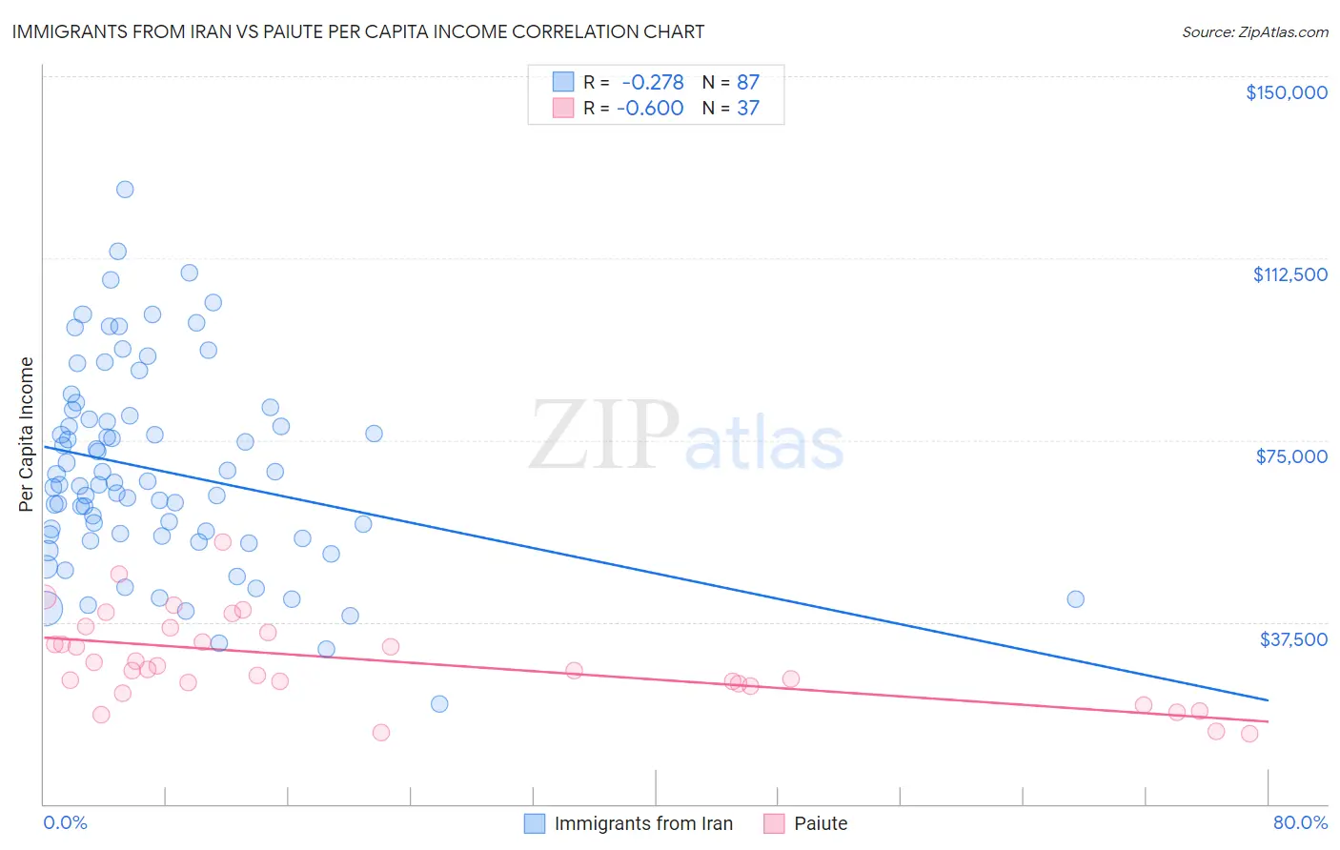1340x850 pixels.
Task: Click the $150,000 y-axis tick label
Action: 1286,92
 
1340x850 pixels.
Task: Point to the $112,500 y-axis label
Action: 1289,274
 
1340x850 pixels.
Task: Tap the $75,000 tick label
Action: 1291,456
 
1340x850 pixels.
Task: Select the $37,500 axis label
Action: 1293,639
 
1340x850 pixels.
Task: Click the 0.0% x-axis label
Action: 65,822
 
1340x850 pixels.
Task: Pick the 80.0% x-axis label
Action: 1300,822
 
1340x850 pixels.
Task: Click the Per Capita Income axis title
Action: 27,434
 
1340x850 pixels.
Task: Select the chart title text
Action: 358,31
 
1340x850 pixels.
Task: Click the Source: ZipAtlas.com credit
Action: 1254,32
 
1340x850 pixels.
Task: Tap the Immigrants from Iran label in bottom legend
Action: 643,823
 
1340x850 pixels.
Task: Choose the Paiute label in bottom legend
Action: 821,823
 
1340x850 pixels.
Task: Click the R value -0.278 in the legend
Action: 652,83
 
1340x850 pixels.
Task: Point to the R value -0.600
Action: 650,109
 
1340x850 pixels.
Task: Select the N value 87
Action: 748,83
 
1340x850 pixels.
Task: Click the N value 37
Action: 748,109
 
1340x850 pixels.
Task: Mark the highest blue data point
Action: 125,190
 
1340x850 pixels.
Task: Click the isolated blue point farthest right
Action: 1075,599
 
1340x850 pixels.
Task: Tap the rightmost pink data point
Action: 1249,734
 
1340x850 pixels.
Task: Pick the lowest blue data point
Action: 439,704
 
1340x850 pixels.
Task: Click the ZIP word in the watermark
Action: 604,435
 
